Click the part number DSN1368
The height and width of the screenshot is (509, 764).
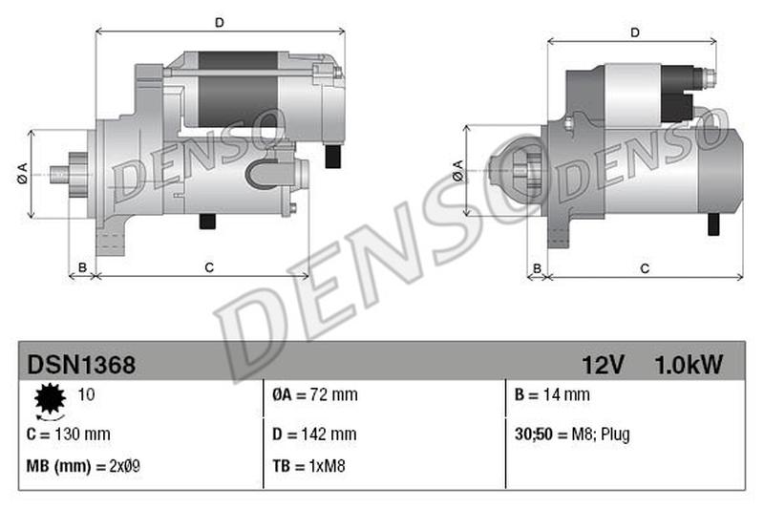(x=81, y=364)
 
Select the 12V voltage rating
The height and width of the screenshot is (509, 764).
(x=603, y=364)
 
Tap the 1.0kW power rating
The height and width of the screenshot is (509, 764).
(x=689, y=364)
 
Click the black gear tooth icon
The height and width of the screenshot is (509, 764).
(x=48, y=399)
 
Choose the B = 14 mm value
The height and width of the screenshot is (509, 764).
(x=551, y=394)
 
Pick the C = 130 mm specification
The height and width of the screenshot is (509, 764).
(x=69, y=435)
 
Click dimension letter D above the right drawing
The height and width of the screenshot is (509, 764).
(x=634, y=32)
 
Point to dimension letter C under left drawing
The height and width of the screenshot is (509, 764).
(x=208, y=267)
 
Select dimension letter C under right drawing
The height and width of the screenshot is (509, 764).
(x=645, y=268)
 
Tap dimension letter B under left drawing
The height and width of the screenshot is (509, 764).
(x=82, y=267)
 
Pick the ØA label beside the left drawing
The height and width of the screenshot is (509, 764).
(x=21, y=174)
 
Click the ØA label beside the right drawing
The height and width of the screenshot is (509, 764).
(x=457, y=171)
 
